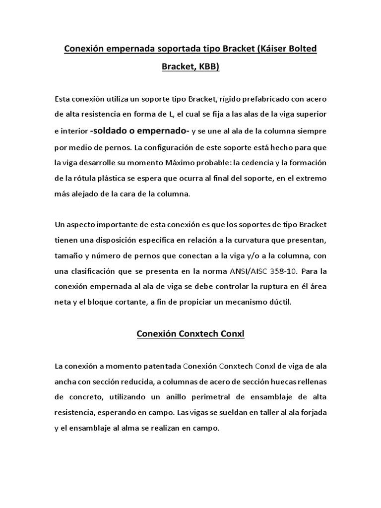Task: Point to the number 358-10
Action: click(285, 272)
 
